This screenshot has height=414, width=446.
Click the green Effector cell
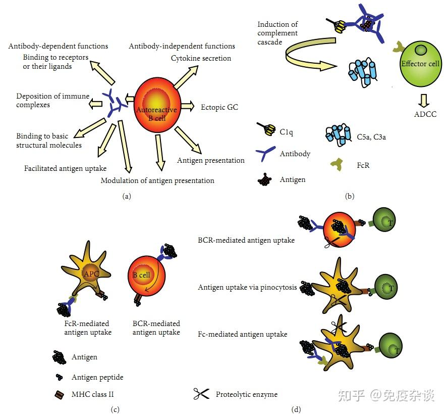pos(421,64)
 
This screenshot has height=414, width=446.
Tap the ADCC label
pos(425,114)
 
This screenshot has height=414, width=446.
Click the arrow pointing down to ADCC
pos(424,100)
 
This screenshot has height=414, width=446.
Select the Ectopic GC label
pos(219,107)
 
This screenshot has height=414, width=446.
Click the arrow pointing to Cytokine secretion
pos(186,77)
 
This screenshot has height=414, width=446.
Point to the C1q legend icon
pos(266,129)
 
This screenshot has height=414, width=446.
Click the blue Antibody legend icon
pos(265,154)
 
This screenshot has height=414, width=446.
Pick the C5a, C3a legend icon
pos(339,135)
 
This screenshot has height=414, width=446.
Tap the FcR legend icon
pos(337,164)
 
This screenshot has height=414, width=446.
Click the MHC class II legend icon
pos(59,395)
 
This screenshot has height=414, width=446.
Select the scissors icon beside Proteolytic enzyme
pos(201,394)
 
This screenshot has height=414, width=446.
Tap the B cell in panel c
pos(146,275)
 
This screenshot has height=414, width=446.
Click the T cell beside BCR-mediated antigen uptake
pos(384,220)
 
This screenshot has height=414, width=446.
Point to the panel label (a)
pos(127,196)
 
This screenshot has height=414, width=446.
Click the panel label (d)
pos(296,409)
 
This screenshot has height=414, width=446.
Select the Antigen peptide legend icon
pos(59,377)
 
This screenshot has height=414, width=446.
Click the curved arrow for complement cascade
pos(310,54)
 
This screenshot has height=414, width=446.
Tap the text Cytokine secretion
pos(201,58)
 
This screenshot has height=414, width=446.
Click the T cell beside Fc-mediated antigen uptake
pos(391,346)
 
